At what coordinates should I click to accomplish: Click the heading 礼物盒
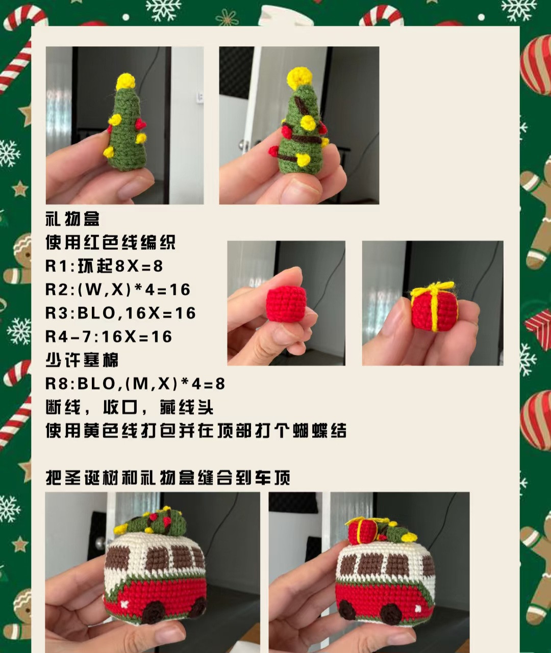(72, 219)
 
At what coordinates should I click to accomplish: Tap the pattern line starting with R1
(104, 266)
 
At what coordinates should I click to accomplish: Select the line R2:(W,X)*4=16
(118, 290)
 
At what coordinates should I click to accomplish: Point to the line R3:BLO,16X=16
(121, 313)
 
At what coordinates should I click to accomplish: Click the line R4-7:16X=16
(109, 336)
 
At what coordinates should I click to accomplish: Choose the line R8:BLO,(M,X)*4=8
(135, 383)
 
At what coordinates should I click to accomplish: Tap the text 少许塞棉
(82, 360)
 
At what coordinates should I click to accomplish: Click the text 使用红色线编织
(110, 243)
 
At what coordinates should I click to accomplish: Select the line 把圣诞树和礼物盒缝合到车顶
(168, 478)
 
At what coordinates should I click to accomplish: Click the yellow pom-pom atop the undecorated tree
(126, 81)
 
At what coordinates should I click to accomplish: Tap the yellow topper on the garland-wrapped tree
(299, 77)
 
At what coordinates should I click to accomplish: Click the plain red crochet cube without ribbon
(286, 304)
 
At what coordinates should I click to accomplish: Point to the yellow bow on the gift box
(433, 291)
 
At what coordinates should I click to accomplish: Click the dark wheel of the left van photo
(154, 612)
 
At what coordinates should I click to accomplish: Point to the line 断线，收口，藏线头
(130, 407)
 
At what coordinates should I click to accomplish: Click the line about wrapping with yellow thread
(196, 431)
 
